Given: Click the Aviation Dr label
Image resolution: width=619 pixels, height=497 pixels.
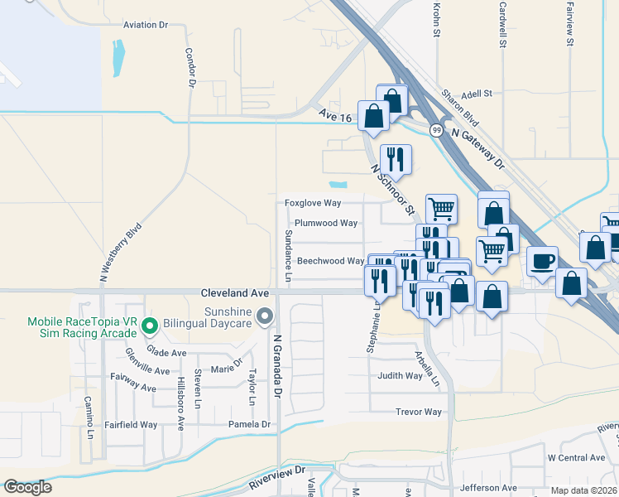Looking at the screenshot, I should click(x=146, y=25).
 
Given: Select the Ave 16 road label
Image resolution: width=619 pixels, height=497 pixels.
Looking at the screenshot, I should click(x=335, y=117).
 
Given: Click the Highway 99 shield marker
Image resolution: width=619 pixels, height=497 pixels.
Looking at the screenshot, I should click(x=435, y=130).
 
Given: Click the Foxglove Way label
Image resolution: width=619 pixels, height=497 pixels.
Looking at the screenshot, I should click(x=313, y=203).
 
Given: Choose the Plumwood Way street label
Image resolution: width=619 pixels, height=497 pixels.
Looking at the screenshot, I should click(x=326, y=223).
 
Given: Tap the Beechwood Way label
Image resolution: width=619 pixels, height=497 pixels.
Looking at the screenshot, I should click(x=330, y=261).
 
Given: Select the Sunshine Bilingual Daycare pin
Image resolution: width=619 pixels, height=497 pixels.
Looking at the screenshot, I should click(x=265, y=316).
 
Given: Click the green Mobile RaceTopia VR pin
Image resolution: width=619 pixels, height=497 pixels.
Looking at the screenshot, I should click(x=150, y=325).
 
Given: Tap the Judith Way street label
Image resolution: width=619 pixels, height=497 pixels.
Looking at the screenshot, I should click(x=400, y=375).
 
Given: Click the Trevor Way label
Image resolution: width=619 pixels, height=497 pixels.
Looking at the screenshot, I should click(x=419, y=412).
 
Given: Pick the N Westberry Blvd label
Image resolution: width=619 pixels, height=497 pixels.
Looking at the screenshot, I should click(x=121, y=253).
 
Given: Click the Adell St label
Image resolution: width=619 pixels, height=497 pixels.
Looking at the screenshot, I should click(x=477, y=94).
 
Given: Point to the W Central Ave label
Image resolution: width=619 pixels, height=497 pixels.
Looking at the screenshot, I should click(x=576, y=457).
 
